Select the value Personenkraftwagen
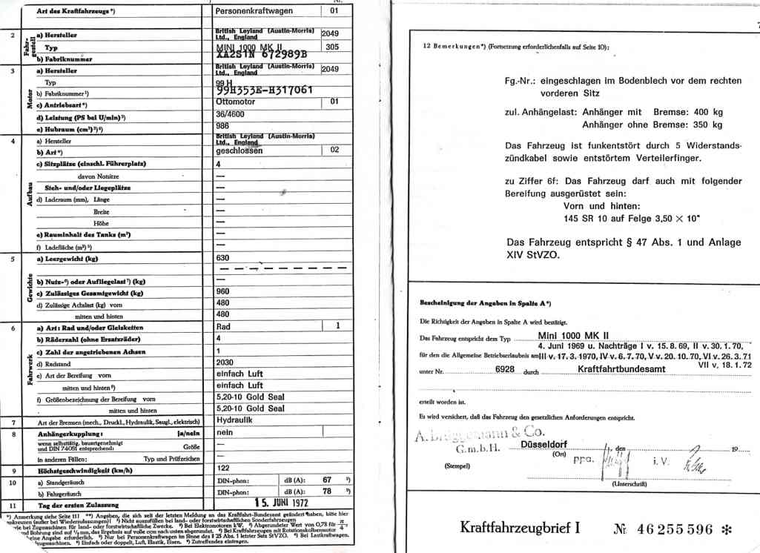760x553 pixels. click(254, 11)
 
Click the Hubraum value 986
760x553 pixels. click(222, 127)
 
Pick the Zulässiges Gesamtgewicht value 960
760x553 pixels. click(222, 292)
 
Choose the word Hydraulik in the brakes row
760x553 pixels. click(235, 418)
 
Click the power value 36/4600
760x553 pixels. click(231, 115)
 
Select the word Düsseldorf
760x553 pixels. click(544, 445)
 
